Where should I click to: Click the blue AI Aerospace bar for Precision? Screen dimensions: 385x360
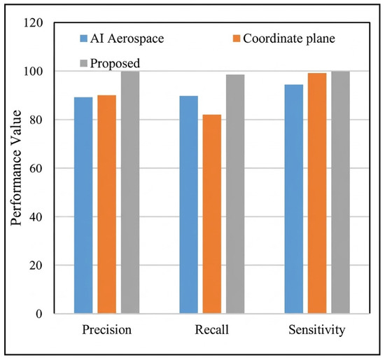tap(83, 205)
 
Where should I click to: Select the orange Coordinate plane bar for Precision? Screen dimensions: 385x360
tap(107, 205)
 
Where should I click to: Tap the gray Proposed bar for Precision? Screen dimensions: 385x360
tap(130, 193)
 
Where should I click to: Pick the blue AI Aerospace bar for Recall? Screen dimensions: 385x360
tap(188, 205)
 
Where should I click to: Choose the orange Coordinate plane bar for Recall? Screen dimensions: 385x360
tap(212, 214)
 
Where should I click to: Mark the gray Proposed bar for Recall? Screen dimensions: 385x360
tap(235, 194)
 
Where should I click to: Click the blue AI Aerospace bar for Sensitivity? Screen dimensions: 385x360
tap(294, 199)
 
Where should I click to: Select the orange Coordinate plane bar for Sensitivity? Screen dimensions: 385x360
tap(317, 193)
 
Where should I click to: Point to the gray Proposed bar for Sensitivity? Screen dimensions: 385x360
tap(341, 193)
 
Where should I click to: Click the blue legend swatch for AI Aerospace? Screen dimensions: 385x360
tap(84, 39)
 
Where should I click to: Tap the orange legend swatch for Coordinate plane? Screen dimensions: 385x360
tap(237, 39)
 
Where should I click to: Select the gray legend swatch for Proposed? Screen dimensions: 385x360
tap(84, 63)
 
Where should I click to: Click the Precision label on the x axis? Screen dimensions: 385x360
tap(107, 330)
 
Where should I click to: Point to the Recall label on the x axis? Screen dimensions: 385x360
tap(212, 329)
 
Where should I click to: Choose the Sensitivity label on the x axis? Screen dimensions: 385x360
tap(317, 330)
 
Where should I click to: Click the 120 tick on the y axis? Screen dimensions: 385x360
tap(33, 23)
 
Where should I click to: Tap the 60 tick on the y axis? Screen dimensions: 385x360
tap(36, 168)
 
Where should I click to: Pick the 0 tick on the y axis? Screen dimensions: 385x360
tap(39, 314)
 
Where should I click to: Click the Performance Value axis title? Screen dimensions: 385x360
tap(17, 168)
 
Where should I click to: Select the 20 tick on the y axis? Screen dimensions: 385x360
tap(36, 265)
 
